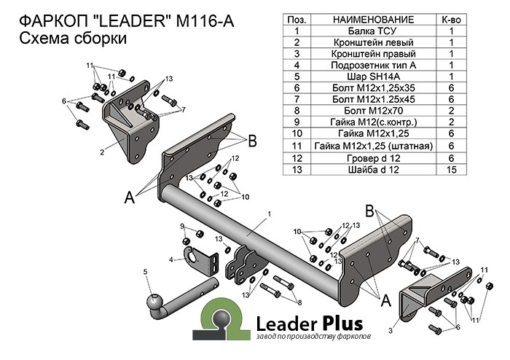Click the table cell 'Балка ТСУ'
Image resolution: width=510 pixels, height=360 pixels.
374,31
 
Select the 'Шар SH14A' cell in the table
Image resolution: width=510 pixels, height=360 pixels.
374,76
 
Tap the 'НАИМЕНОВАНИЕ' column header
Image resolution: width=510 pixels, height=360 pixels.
374,20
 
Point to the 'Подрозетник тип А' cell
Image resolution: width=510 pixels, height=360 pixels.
374,65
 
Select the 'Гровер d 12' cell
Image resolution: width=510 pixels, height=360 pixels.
374,157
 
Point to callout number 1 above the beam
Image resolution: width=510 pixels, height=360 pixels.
269,214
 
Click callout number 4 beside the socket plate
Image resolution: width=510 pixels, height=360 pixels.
171,259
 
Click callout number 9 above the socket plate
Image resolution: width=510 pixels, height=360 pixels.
182,227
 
